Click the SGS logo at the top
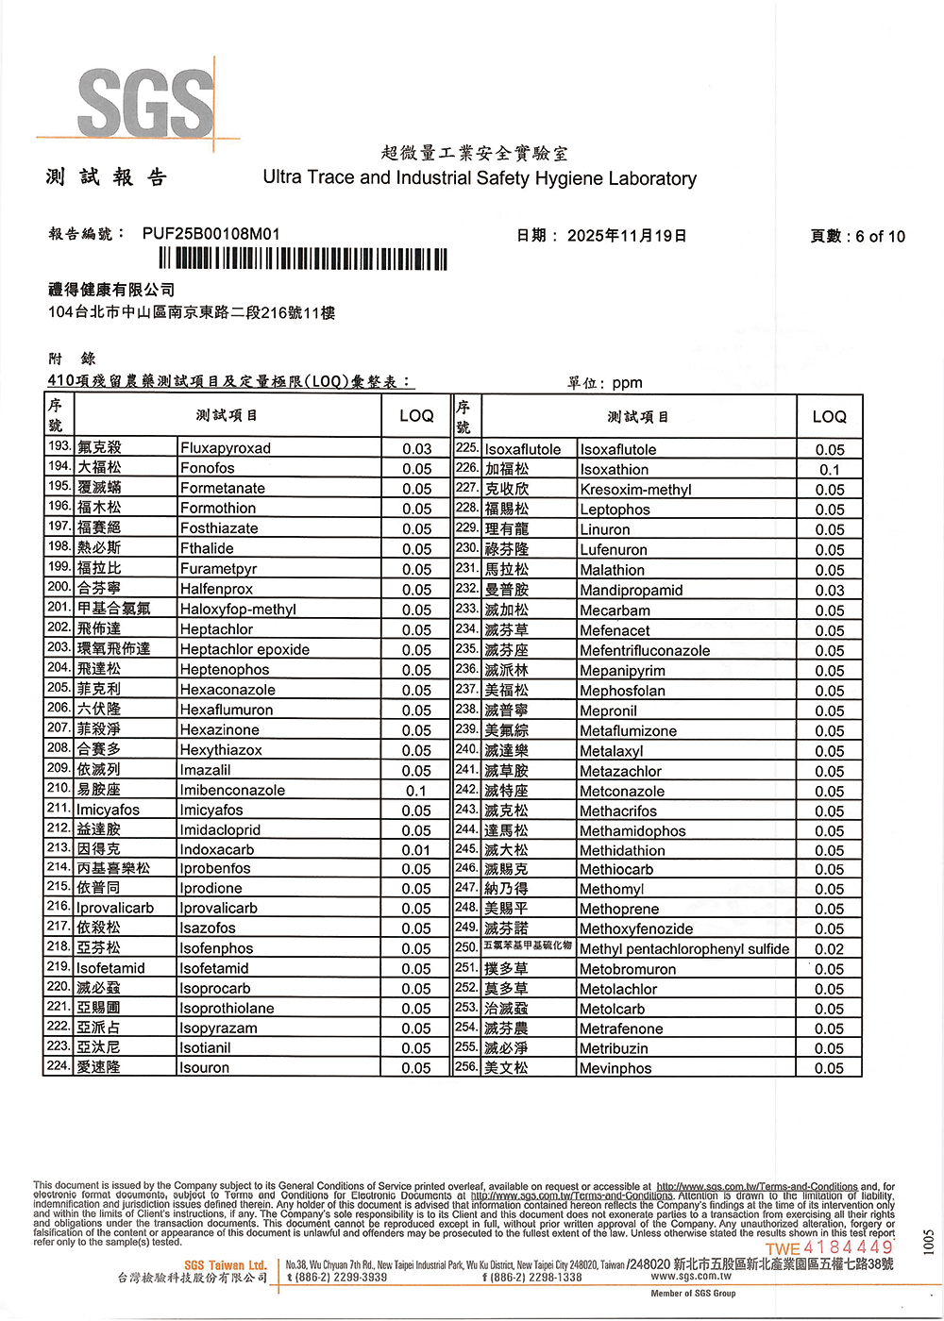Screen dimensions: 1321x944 click(x=146, y=102)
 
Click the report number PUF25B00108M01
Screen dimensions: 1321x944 click(x=211, y=234)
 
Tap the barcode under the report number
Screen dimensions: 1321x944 click(x=302, y=259)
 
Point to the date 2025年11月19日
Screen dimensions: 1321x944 click(x=627, y=236)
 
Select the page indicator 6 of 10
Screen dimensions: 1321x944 click(x=880, y=237)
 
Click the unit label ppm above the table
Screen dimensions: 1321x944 click(x=627, y=383)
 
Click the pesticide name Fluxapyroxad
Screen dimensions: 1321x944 click(x=226, y=448)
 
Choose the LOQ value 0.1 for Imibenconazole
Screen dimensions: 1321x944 click(x=416, y=791)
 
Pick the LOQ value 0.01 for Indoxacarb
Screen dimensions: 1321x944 click(x=416, y=850)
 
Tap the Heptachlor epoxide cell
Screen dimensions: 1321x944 click(x=244, y=650)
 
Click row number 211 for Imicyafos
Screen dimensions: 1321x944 click(x=59, y=809)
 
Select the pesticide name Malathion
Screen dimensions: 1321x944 click(x=613, y=570)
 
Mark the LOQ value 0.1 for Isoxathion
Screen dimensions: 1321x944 click(x=830, y=470)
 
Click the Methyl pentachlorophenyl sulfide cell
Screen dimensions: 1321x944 click(x=684, y=949)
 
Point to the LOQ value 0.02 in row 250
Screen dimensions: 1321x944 click(x=830, y=949)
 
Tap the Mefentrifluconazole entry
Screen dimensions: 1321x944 click(x=645, y=651)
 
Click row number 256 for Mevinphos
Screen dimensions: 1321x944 click(x=466, y=1066)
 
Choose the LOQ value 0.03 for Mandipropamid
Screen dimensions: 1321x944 click(x=830, y=591)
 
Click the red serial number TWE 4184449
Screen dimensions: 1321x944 click(x=830, y=1248)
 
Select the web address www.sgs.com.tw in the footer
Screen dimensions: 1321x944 click(x=691, y=1277)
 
